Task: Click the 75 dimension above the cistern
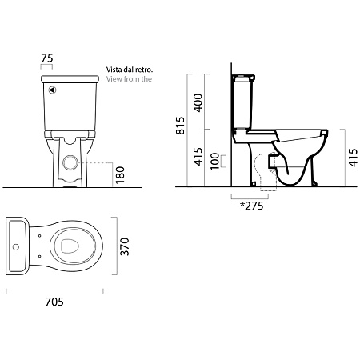[47, 58]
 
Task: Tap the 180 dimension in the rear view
[120, 175]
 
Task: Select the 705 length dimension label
[54, 302]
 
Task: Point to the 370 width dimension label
[124, 246]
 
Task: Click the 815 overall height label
[181, 126]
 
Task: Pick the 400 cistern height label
[198, 102]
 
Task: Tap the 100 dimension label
[215, 161]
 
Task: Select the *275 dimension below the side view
[251, 206]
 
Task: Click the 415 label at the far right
[353, 158]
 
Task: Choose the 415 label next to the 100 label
[198, 156]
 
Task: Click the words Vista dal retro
[130, 70]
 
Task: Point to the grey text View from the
[129, 79]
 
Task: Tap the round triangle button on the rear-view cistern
[52, 90]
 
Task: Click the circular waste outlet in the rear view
[70, 162]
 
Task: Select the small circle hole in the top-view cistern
[16, 247]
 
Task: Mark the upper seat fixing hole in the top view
[39, 236]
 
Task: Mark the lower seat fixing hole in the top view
[39, 256]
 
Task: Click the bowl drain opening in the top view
[70, 246]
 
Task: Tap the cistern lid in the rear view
[70, 79]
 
